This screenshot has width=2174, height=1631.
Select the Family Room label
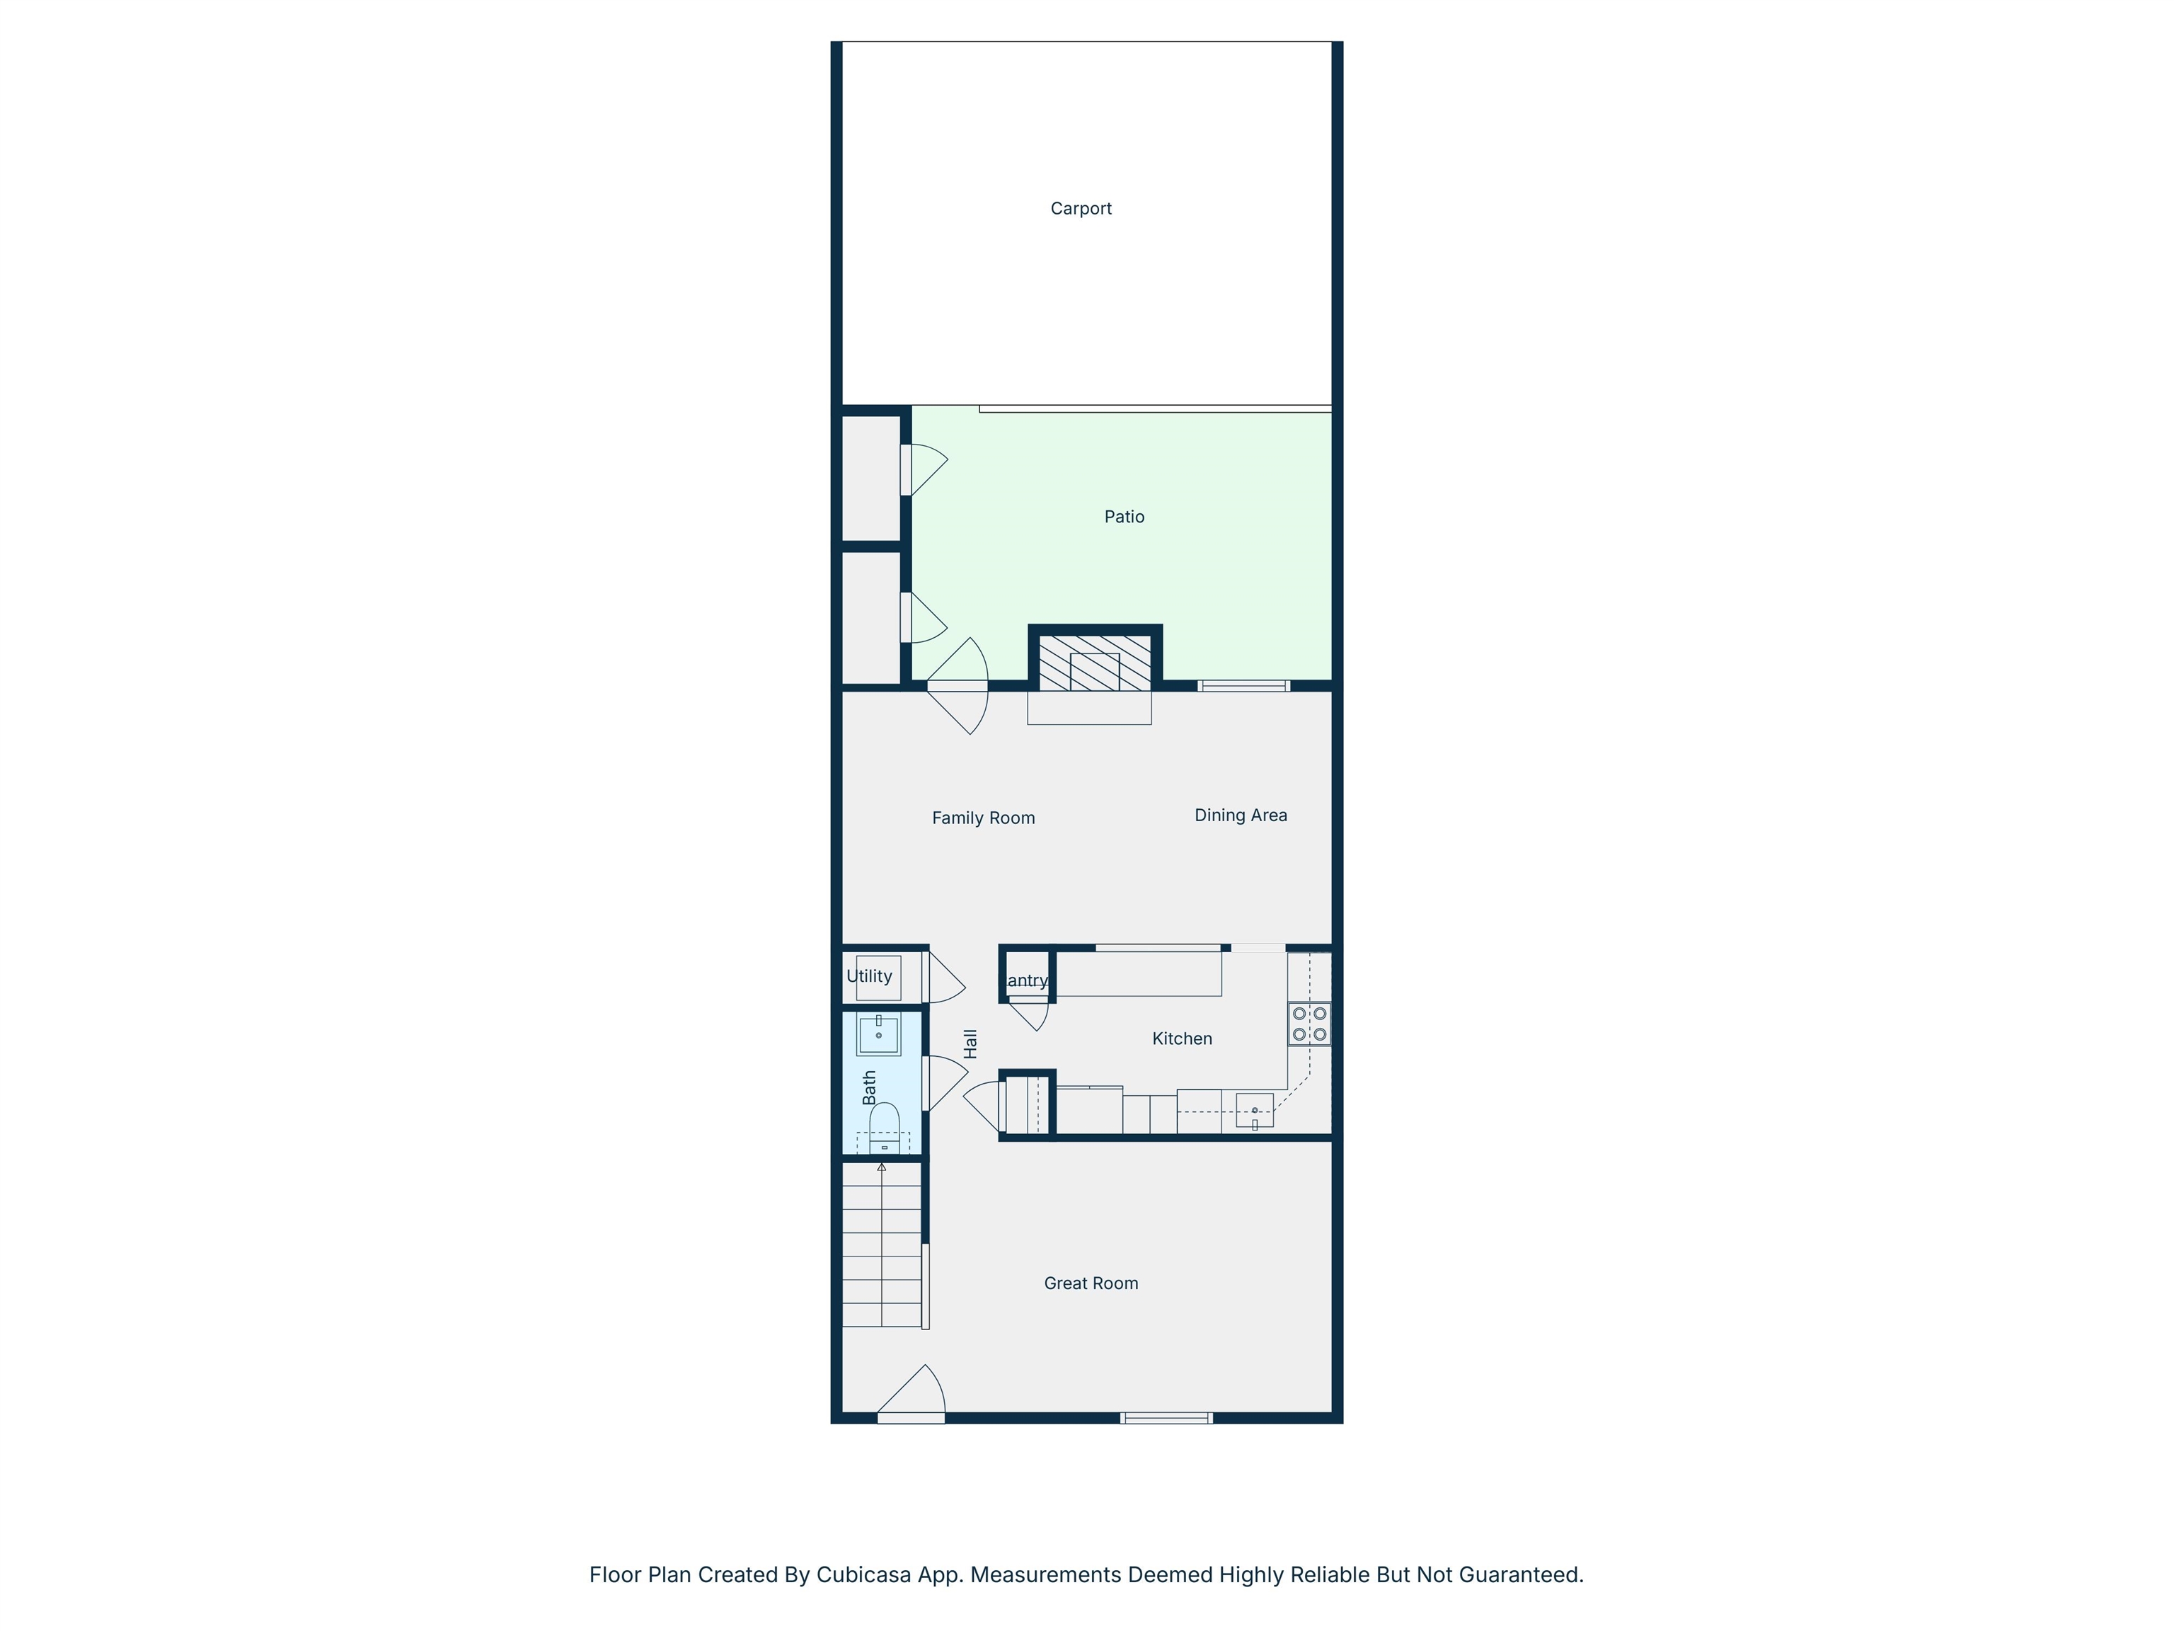pyautogui.click(x=983, y=818)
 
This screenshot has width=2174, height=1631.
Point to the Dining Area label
pyautogui.click(x=1241, y=815)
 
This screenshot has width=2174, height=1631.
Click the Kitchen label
pyautogui.click(x=1181, y=1038)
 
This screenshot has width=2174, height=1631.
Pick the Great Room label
pyautogui.click(x=1091, y=1283)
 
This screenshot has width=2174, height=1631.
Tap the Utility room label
pyautogui.click(x=869, y=976)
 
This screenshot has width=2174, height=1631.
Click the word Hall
pyautogui.click(x=970, y=1043)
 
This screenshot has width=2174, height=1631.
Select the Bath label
pyautogui.click(x=869, y=1087)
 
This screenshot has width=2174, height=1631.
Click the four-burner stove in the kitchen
pyautogui.click(x=1309, y=1024)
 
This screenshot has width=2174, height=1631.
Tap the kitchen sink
pyautogui.click(x=1254, y=1110)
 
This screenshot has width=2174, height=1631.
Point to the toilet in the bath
pyautogui.click(x=885, y=1128)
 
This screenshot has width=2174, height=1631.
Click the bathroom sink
pyautogui.click(x=879, y=1035)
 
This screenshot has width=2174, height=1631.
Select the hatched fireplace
pyautogui.click(x=1094, y=662)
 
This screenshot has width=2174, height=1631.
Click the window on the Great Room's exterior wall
pyautogui.click(x=1166, y=1418)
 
